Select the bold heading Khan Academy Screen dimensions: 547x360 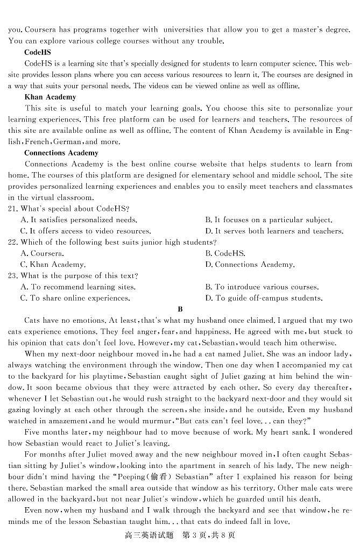[50, 97]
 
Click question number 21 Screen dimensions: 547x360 [13, 209]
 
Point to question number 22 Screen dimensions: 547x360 [13, 242]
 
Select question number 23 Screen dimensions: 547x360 [13, 275]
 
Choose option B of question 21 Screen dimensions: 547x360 [269, 220]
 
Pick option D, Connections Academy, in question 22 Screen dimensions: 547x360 [250, 265]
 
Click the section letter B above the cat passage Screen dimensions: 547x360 [180, 309]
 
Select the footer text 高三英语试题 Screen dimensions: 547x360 [147, 535]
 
